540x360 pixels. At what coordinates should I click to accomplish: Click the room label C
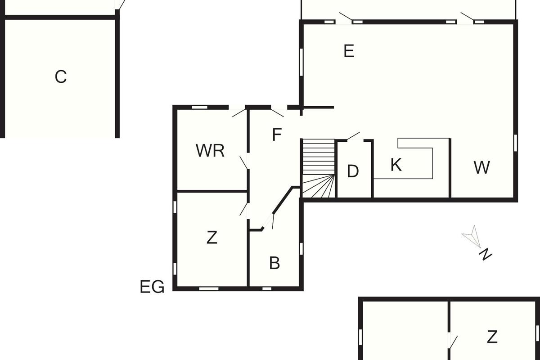pos(61,77)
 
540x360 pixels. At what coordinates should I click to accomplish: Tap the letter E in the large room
pos(349,51)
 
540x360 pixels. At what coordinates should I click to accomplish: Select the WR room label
pos(210,151)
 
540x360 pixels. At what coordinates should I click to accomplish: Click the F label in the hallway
pos(277,135)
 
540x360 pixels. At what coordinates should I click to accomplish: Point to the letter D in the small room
pos(353,171)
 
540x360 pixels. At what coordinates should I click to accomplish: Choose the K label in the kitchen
pos(396,165)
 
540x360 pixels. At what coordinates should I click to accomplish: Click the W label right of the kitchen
pos(481,167)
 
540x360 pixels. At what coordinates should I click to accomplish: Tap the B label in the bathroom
pos(274,263)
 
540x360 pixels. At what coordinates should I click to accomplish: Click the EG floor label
pos(152,287)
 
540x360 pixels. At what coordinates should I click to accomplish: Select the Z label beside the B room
pos(211,237)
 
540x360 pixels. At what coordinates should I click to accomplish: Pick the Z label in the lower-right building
pos(492,337)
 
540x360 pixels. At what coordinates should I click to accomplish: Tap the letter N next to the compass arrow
pos(485,255)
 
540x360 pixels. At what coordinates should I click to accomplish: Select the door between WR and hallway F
pos(244,162)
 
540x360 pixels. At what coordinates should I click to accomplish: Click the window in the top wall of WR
pos(199,107)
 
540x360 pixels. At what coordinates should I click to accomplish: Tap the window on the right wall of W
pos(515,143)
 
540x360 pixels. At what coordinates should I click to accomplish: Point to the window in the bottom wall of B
pos(267,288)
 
